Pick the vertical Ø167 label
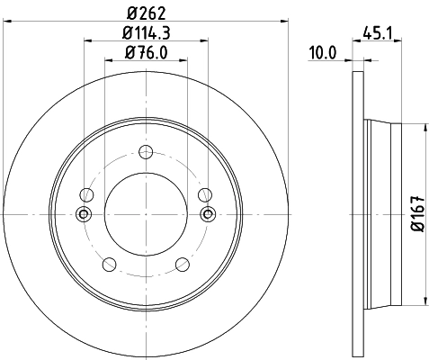tap(416, 213)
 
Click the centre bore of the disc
tap(146, 213)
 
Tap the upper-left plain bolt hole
tap(87, 193)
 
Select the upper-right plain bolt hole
tap(204, 193)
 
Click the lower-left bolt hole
tap(110, 264)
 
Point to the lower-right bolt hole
tap(183, 264)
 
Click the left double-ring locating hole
tap(84, 213)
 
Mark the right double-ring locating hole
tap(208, 213)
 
